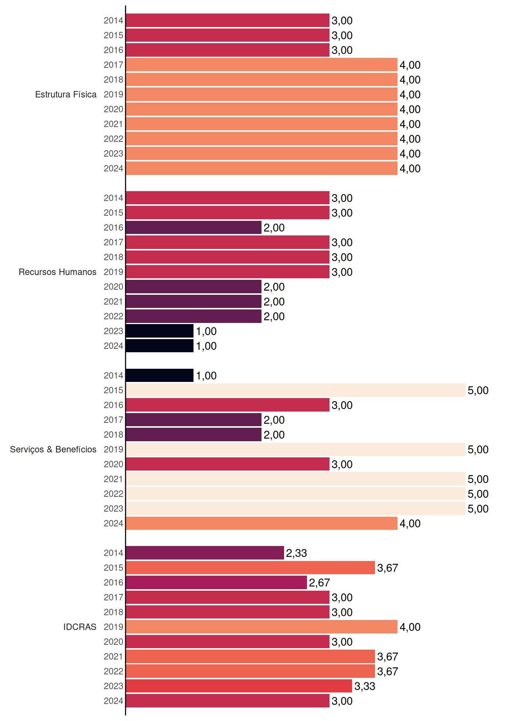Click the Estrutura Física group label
tap(66, 94)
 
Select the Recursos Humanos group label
tap(57, 272)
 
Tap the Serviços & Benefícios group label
tap(53, 449)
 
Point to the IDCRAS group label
tap(80, 627)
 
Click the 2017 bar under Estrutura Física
tap(262, 65)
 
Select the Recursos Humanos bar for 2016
tap(194, 228)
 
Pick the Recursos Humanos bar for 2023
tap(160, 331)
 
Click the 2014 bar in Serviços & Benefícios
tap(160, 376)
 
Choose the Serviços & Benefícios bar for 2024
tap(262, 523)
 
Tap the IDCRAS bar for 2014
tap(205, 553)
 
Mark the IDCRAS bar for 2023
tap(239, 686)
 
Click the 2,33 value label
tap(296, 553)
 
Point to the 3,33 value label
tap(365, 686)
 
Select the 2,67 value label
tap(319, 583)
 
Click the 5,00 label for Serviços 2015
tap(478, 391)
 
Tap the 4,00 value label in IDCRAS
tap(410, 627)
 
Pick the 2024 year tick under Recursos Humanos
tap(113, 346)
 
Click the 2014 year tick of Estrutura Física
tap(113, 21)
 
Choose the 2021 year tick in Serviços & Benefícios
tap(113, 479)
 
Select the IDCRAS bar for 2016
tap(216, 582)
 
